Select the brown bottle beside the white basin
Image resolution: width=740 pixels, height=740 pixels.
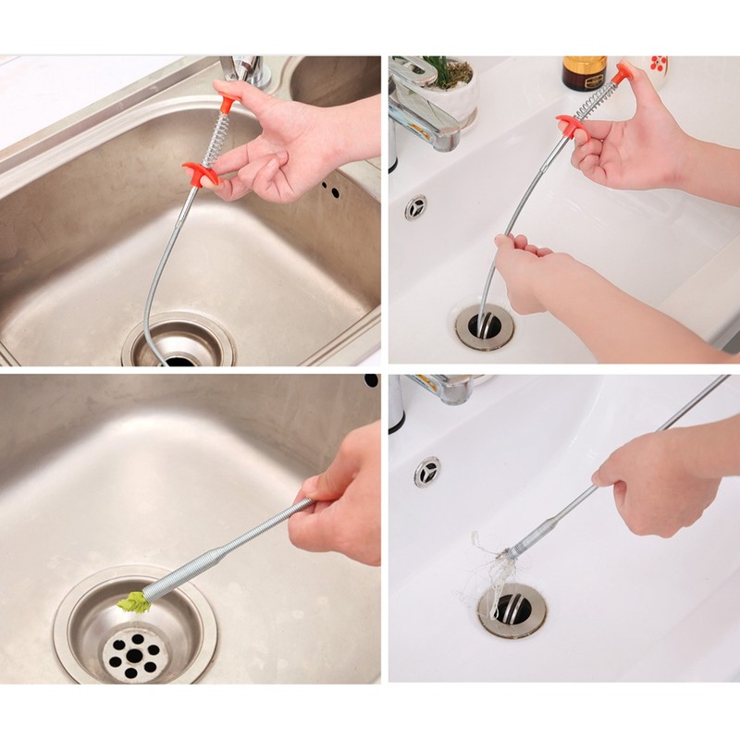pyautogui.click(x=585, y=73)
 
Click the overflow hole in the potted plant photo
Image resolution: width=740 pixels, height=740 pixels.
pyautogui.click(x=415, y=207)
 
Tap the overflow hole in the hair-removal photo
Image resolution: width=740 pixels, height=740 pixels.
pyautogui.click(x=426, y=471)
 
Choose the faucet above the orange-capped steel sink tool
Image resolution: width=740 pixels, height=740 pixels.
pyautogui.click(x=245, y=69)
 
